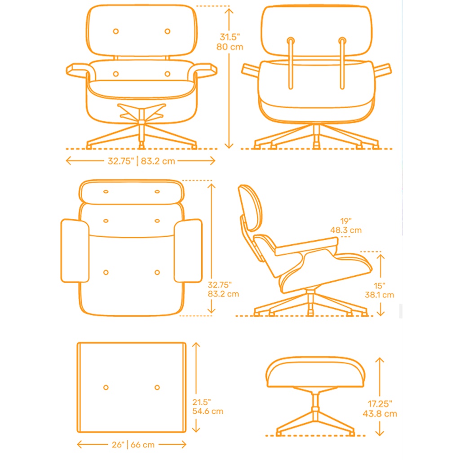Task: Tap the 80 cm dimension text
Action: point(230,47)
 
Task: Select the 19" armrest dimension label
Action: point(346,221)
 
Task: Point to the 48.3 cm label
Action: point(346,230)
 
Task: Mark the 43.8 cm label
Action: point(379,414)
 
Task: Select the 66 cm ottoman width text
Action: point(143,445)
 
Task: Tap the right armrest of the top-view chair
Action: point(188,251)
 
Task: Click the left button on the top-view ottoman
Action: point(106,387)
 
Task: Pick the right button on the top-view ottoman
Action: point(157,387)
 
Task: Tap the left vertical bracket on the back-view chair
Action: point(290,63)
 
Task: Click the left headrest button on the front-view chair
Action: point(115,31)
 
